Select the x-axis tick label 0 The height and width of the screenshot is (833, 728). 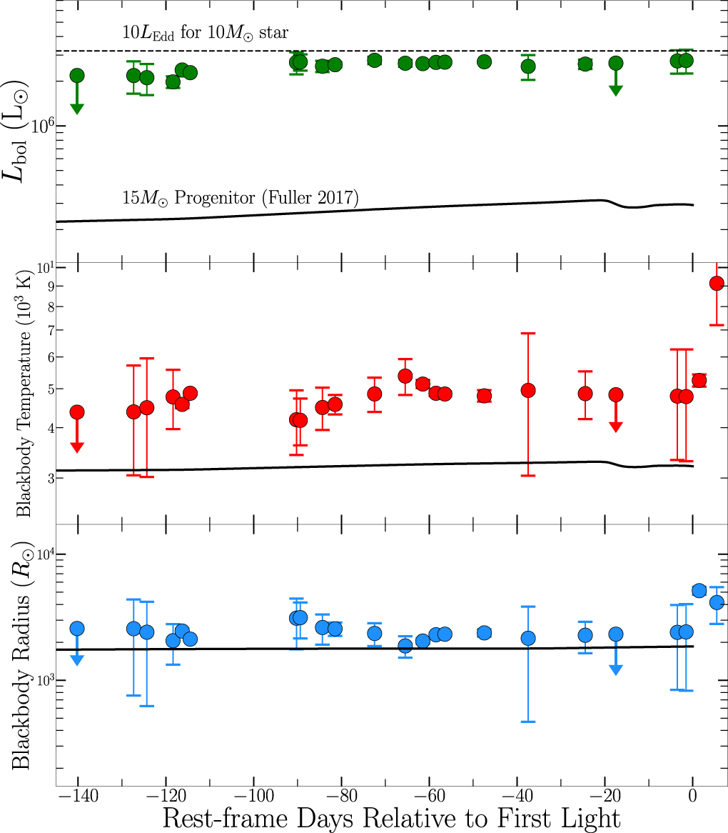pyautogui.click(x=692, y=796)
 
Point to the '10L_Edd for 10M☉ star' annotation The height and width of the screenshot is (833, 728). pyautogui.click(x=215, y=33)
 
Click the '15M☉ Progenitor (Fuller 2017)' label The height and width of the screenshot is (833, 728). pyautogui.click(x=238, y=196)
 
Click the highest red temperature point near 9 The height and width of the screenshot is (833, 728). pyautogui.click(x=717, y=284)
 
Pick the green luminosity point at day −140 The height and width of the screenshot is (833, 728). pyautogui.click(x=77, y=76)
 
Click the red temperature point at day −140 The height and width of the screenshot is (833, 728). pyautogui.click(x=77, y=411)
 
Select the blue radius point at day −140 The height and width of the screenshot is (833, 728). pyautogui.click(x=77, y=629)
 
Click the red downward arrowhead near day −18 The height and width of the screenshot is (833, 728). pyautogui.click(x=616, y=427)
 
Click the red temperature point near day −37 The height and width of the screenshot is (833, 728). pyautogui.click(x=528, y=390)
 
